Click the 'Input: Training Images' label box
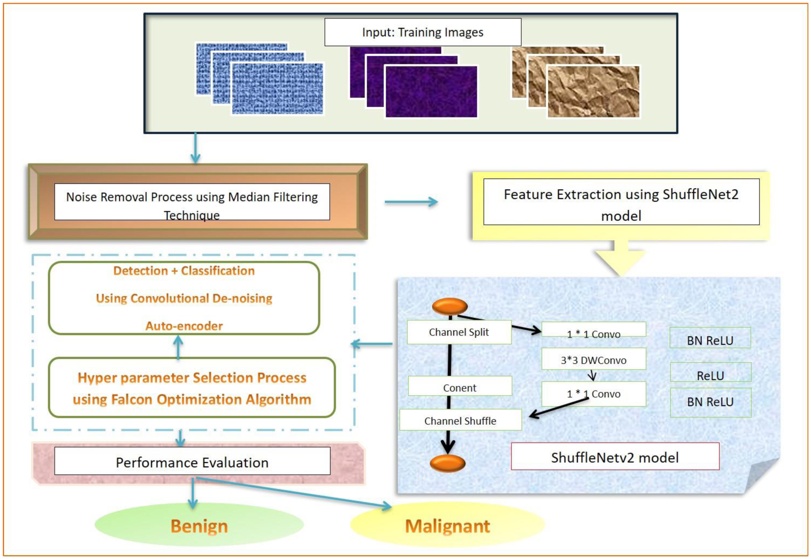coord(422,32)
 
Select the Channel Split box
coord(459,332)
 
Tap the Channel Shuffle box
coord(460,421)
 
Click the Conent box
coord(460,387)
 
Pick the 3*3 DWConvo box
coord(593,360)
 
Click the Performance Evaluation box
coord(192,462)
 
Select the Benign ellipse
coord(199,526)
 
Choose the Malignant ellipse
coord(447,526)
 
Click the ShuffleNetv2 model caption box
coord(615,457)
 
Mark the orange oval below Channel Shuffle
coord(447,463)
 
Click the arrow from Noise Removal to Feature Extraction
coord(411,202)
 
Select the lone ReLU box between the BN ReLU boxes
coord(710,374)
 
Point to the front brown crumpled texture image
coord(593,91)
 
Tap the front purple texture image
coord(431,92)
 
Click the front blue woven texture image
coord(277,89)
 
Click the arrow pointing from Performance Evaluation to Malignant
coord(296,492)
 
